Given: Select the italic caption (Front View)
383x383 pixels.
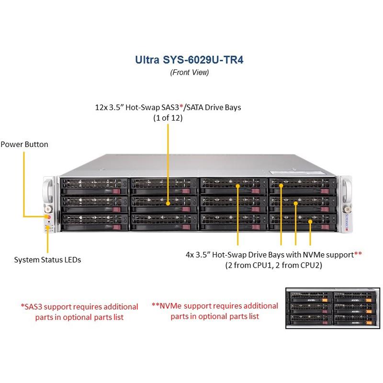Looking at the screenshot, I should (190, 73).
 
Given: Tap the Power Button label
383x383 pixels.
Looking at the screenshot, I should (24, 144).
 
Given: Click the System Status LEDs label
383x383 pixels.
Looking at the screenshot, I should (47, 260).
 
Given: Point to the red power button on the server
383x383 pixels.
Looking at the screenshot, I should (47, 216).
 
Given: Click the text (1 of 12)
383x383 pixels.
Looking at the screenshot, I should (168, 118).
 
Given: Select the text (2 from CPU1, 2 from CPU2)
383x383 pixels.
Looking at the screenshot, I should (273, 265).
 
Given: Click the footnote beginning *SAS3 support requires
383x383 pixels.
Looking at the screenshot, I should (79, 312).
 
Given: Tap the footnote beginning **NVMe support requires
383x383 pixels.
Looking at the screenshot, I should (215, 311).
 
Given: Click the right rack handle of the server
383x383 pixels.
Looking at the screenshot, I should (346, 191).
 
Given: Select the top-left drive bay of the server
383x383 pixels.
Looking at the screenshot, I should (94, 184).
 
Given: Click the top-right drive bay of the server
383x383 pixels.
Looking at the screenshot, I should (302, 184).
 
